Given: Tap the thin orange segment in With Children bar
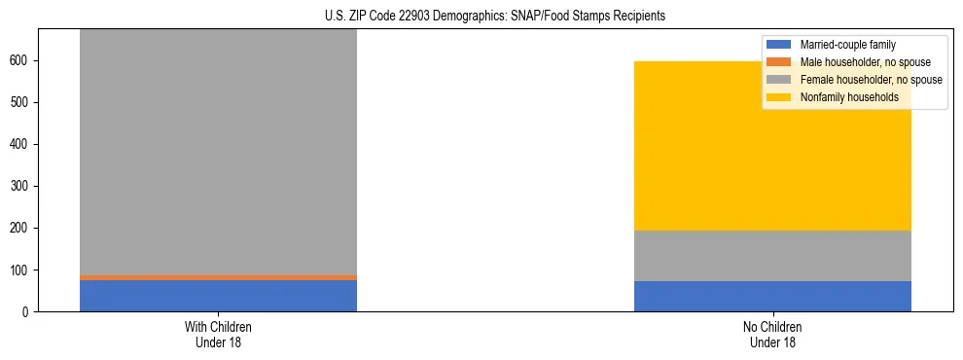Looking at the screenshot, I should [x=218, y=277].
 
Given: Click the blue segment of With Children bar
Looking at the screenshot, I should [x=218, y=296].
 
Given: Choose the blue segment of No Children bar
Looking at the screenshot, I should [x=772, y=296].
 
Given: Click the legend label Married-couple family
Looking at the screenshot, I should [x=847, y=45].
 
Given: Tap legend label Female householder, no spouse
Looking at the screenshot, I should [x=871, y=80].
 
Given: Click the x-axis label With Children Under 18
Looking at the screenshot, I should [x=218, y=334].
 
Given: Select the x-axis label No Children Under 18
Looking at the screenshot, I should [x=772, y=334].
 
